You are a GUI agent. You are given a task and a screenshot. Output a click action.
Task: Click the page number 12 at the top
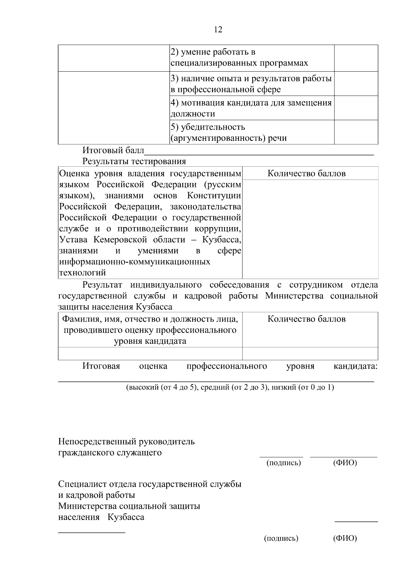(218, 30)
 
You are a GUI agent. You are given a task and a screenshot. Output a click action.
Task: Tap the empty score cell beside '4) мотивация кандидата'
(356, 108)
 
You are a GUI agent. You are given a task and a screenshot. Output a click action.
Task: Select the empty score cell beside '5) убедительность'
(356, 132)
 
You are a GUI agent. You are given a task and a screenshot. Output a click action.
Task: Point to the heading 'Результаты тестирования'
(134, 161)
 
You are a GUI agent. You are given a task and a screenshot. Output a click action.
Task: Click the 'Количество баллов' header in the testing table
(307, 173)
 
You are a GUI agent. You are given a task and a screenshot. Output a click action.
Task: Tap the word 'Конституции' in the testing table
(214, 196)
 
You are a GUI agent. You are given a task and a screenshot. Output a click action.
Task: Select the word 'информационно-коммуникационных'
(135, 262)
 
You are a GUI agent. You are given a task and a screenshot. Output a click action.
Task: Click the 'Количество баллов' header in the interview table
(307, 319)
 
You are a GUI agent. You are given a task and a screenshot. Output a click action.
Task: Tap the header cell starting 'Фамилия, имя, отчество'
(150, 330)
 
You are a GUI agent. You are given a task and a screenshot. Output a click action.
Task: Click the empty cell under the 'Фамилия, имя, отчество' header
(150, 354)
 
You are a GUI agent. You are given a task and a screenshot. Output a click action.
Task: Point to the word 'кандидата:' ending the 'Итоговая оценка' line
(356, 366)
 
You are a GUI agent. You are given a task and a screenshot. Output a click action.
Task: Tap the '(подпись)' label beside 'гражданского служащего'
(284, 463)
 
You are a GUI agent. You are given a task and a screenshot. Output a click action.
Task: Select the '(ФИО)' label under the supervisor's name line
(345, 463)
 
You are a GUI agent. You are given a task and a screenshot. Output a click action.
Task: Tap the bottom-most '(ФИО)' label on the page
(345, 538)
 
